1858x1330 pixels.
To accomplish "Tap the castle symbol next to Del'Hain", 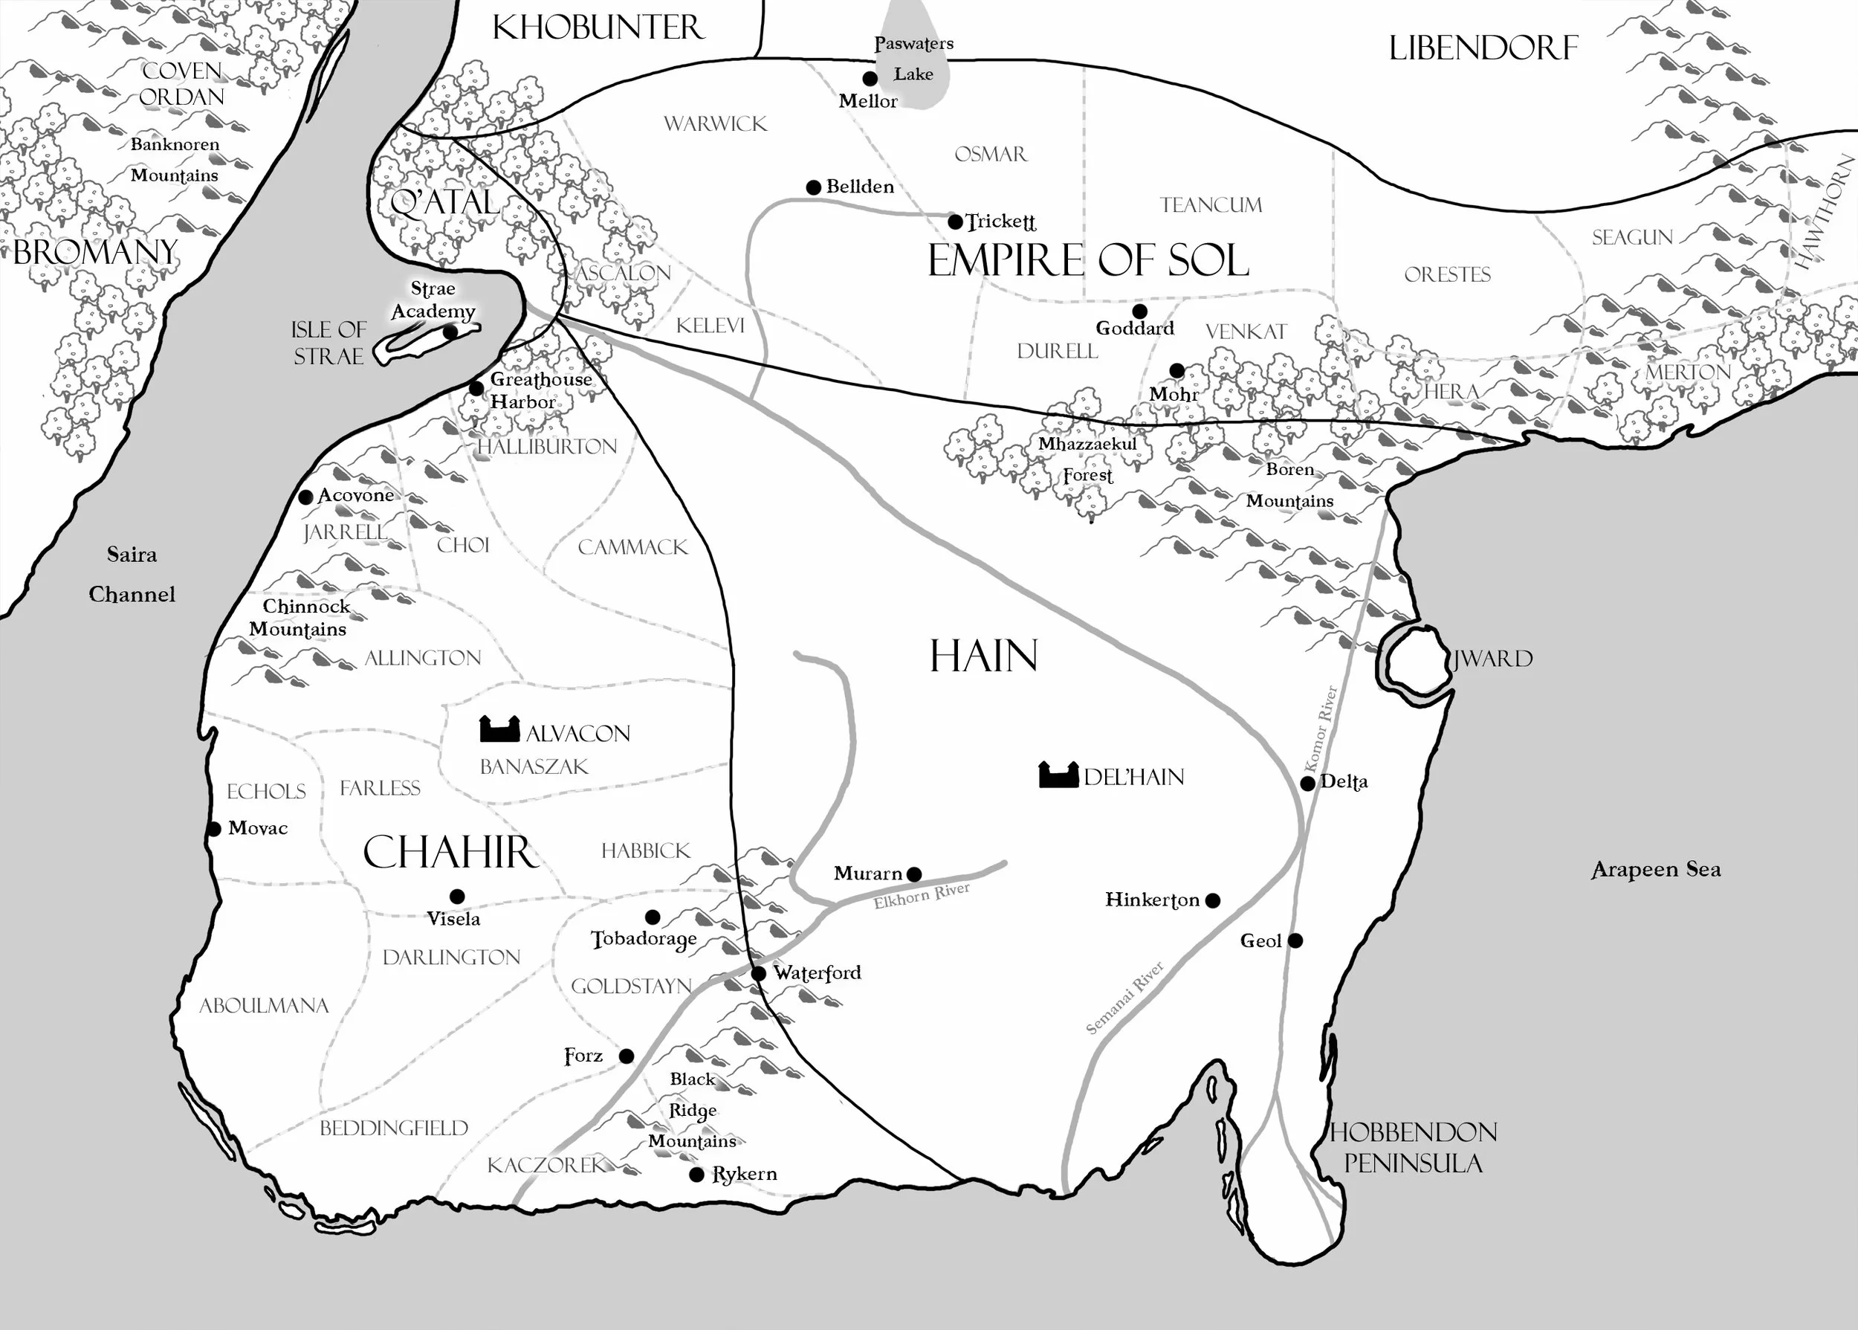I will tap(1058, 775).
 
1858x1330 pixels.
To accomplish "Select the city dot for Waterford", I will tap(759, 973).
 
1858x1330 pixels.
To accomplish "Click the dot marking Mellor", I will tap(870, 79).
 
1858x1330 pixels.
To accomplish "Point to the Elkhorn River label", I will tap(921, 895).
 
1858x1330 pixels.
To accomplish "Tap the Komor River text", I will tap(1319, 729).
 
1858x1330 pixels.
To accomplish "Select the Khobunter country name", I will tap(598, 28).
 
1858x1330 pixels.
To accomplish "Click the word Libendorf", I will tap(1483, 48).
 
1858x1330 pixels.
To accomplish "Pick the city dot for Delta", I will tap(1308, 783).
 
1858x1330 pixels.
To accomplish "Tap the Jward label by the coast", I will tap(1492, 659).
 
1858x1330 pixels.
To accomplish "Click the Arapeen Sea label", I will tap(1655, 869).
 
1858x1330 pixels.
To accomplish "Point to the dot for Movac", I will tap(213, 829).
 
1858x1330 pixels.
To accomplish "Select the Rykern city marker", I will tap(696, 1175).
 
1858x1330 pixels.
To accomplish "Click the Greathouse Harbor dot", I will tap(476, 388).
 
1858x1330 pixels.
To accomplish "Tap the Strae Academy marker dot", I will tap(450, 332).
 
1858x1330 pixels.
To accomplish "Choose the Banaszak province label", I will tap(534, 766).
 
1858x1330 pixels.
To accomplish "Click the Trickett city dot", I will tap(954, 222).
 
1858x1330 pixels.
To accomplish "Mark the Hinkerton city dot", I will tap(1213, 901).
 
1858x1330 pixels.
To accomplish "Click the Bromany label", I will tap(96, 252).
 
